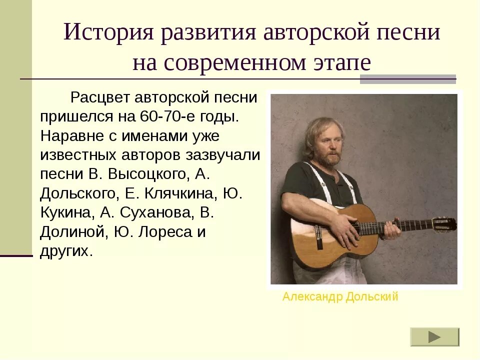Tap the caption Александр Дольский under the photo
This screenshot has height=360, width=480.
(340, 297)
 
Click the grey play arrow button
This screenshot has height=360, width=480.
(434, 337)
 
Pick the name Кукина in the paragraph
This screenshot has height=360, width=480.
(66, 212)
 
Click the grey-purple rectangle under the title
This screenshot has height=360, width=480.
(408, 78)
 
